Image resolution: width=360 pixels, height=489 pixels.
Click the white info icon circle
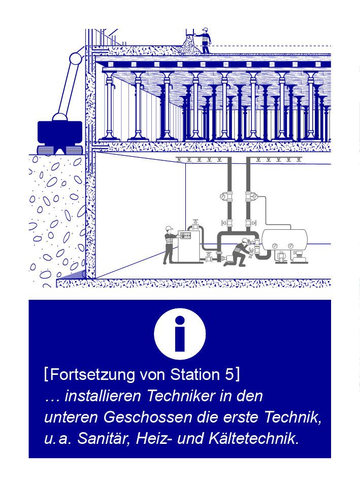(180, 334)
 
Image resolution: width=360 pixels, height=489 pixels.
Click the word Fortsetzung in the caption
(92, 374)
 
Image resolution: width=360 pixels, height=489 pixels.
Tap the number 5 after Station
(229, 374)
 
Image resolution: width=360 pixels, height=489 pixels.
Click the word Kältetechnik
(254, 438)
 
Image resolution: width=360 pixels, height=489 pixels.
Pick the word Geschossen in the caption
(148, 417)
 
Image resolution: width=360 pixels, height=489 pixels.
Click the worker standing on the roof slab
(205, 40)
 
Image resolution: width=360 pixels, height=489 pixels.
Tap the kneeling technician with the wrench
(239, 252)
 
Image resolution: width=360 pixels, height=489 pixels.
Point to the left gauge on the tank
(275, 246)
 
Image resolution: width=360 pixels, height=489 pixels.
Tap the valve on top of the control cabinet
(196, 224)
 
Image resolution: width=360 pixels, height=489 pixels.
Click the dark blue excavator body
(60, 132)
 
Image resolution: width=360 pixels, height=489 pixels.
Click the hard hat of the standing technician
(169, 228)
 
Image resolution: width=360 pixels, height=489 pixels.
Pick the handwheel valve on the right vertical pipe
(251, 223)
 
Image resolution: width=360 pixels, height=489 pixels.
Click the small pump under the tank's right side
(299, 256)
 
